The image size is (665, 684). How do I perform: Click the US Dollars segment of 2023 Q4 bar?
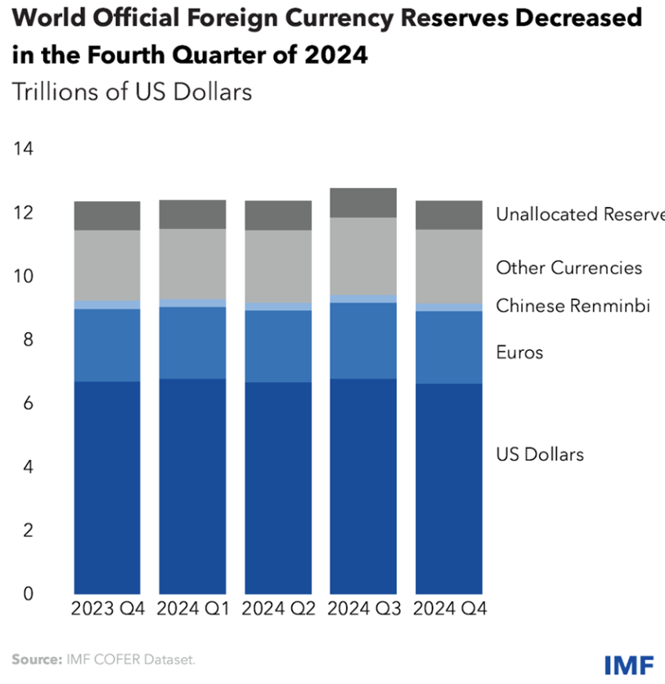(107, 487)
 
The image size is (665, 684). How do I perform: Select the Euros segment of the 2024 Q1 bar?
(192, 343)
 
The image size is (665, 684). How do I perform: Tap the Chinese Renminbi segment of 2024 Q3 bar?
(363, 299)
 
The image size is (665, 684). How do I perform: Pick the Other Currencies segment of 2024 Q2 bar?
(278, 266)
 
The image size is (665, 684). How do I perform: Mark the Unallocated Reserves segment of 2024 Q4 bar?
(449, 214)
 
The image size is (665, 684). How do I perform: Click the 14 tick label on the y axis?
(22, 149)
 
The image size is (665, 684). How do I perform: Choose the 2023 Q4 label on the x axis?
(107, 610)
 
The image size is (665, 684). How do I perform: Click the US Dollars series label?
(540, 454)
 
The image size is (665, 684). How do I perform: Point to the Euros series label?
(519, 353)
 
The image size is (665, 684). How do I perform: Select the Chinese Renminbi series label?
(573, 306)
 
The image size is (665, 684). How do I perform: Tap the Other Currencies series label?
(569, 268)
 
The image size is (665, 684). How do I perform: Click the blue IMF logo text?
(629, 664)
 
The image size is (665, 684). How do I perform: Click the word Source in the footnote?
(35, 659)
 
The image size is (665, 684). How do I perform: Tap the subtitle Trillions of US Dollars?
(132, 92)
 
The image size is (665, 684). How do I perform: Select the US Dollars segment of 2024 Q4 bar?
(449, 488)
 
